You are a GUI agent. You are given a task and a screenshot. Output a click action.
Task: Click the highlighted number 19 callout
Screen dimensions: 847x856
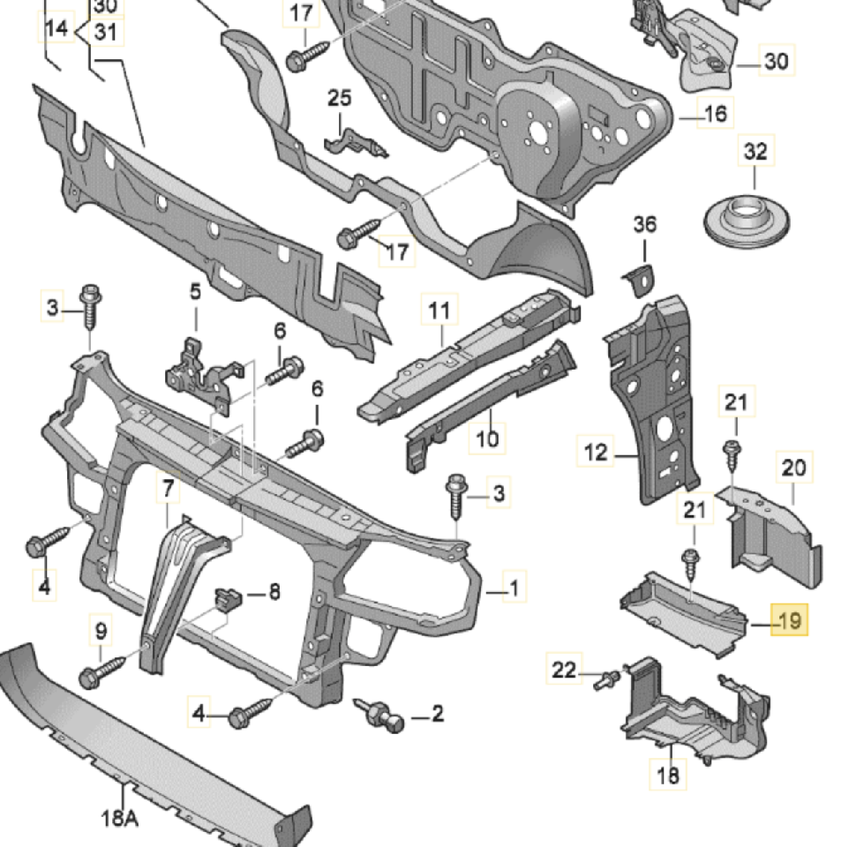click(789, 621)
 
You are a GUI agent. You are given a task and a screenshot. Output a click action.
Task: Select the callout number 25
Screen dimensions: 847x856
click(340, 98)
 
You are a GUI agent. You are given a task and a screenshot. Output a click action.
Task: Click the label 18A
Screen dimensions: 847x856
click(119, 819)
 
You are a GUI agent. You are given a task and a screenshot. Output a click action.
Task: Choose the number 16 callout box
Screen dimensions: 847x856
click(715, 113)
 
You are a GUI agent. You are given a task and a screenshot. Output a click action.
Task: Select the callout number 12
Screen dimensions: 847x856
click(597, 453)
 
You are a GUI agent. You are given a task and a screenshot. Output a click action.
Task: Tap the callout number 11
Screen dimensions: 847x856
click(439, 311)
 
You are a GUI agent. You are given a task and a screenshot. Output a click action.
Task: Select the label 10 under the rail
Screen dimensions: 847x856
click(488, 437)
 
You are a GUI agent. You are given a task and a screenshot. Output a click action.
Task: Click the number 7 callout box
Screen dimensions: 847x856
click(168, 487)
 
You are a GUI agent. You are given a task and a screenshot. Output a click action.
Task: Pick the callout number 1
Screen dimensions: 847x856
click(514, 586)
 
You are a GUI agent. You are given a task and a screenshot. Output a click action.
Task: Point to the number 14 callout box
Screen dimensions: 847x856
click(56, 29)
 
